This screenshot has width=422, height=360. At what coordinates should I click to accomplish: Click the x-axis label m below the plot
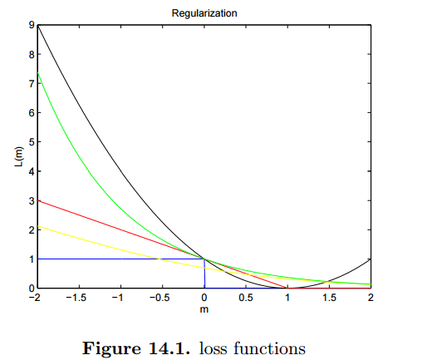coord(203,309)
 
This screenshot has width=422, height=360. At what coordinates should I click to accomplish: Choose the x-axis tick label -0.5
coord(160,298)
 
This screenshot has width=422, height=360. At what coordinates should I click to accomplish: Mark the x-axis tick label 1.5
coord(329,298)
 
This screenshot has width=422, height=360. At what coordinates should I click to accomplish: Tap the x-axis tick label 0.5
coord(246,298)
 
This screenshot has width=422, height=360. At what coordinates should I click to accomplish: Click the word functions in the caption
coord(274,347)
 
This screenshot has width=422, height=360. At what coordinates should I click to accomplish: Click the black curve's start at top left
coord(37,27)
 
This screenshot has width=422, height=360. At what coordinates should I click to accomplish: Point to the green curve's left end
coord(37,74)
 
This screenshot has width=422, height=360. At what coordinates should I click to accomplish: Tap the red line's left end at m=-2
coord(37,200)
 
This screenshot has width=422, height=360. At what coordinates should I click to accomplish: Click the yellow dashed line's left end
coord(37,226)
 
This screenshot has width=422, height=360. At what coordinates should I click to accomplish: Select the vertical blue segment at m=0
coord(204,274)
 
